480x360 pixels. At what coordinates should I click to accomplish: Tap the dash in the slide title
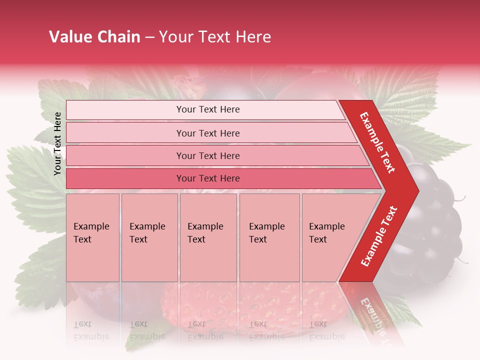click(x=149, y=37)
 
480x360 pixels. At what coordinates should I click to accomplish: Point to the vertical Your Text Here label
click(x=57, y=143)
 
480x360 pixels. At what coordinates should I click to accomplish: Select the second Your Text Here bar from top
click(x=207, y=133)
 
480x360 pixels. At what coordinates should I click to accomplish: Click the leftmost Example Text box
click(x=92, y=237)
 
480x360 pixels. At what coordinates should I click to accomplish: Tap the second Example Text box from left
click(x=149, y=237)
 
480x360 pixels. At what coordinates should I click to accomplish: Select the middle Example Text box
click(x=208, y=237)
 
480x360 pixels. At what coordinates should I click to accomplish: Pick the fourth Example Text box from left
click(x=269, y=237)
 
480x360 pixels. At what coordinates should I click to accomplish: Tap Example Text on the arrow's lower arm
click(x=378, y=236)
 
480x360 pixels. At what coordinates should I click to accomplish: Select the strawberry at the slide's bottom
click(x=200, y=310)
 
